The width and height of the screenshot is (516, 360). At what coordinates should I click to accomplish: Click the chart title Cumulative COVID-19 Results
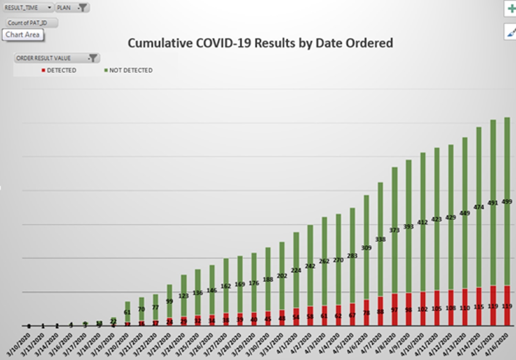260,43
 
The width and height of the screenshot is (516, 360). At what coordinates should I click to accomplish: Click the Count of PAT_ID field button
32,23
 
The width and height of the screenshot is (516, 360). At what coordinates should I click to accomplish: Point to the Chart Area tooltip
23,35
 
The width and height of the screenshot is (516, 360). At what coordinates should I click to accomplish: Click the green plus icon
511,9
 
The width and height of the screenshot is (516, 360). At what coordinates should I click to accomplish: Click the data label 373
394,230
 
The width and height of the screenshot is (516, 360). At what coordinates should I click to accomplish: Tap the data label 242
310,266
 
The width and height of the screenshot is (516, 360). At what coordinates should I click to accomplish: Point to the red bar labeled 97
394,310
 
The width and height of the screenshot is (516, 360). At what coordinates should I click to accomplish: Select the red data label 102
422,309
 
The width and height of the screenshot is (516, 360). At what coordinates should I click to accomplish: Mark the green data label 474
479,207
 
